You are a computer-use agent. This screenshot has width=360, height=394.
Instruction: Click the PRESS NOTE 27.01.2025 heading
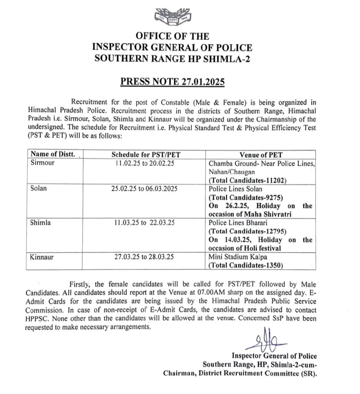tap(172, 82)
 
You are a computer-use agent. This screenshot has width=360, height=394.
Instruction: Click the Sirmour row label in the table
tap(42, 163)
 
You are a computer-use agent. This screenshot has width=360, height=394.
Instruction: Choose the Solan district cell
tap(39, 189)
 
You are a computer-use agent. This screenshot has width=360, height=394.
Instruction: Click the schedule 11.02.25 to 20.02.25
tap(146, 163)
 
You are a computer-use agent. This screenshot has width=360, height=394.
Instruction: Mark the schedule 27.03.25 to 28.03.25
tap(146, 257)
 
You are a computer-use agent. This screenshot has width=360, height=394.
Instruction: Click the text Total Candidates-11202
tap(246, 180)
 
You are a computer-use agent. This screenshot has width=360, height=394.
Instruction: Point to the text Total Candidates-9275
tap(245, 197)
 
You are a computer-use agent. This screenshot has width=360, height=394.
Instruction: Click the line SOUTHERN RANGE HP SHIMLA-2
tap(172, 58)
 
